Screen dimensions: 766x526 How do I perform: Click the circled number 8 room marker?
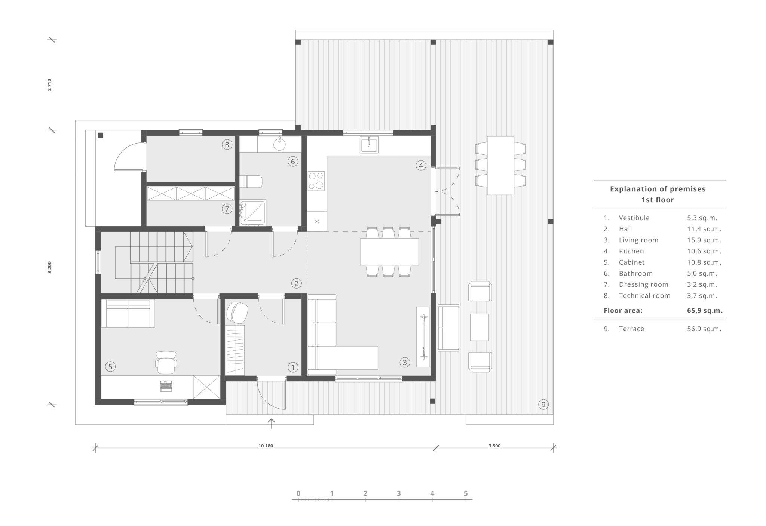coord(227,144)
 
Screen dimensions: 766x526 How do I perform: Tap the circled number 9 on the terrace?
coord(543,404)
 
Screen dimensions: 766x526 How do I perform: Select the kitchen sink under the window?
coord(369,145)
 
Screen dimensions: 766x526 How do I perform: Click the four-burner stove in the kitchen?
coord(316,181)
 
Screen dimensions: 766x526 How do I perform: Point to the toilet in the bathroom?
coord(251,182)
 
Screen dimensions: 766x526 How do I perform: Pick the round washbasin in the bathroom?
coord(279,144)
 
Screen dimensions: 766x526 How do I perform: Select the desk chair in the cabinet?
coord(166,363)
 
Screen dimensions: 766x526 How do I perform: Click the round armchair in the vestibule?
coord(237,312)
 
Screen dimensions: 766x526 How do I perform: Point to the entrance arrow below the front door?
coord(271,423)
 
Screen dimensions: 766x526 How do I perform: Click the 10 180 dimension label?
coord(266,446)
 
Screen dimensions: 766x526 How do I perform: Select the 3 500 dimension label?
coord(494,446)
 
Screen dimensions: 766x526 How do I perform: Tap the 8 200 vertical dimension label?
coord(49,268)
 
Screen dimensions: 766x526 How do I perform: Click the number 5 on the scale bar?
coord(466,493)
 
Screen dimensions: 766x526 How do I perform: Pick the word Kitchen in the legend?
coord(631,251)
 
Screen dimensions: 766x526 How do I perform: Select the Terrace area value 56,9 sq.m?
coord(704,329)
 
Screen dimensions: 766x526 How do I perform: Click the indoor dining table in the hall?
coord(389,252)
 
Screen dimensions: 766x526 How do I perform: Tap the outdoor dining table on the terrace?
coord(500,165)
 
